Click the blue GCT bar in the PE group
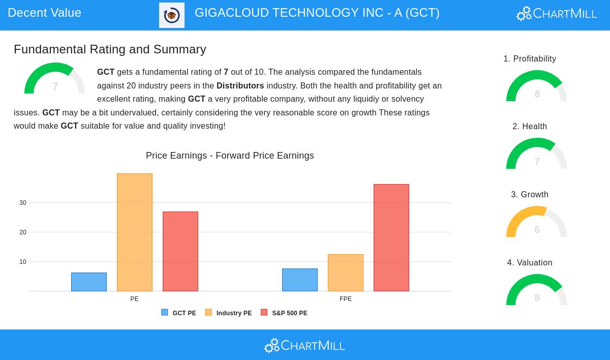coord(89,282)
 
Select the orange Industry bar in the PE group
coord(135,232)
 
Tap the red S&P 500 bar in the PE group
coord(180,251)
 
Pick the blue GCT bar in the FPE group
coord(300,280)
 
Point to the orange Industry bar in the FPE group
coord(346,273)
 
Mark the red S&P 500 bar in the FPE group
coord(391,238)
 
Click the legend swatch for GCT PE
coord(165,312)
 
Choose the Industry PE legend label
coord(234,313)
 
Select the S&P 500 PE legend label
coord(290,313)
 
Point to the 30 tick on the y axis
coord(23,203)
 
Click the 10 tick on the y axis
coord(23,262)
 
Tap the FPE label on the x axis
coord(346,299)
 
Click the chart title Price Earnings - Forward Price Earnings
coord(230,156)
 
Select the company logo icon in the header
coord(172,15)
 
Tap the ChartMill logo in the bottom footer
coord(304,346)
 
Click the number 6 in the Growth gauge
coord(537,229)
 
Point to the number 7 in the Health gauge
coord(537,162)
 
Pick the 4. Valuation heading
coord(530,262)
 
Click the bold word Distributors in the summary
coord(240,85)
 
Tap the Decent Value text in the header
coord(44,13)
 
